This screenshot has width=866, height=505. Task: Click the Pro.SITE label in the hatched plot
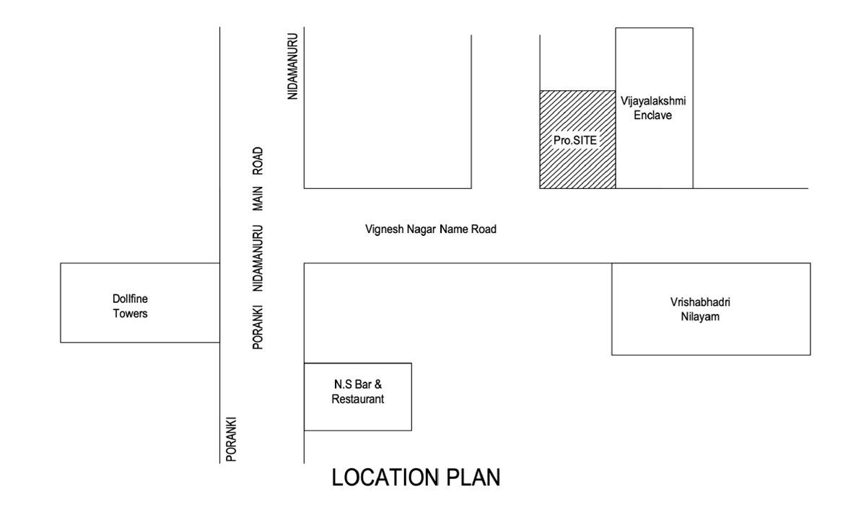(575, 140)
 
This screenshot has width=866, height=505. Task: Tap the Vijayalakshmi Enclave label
(653, 107)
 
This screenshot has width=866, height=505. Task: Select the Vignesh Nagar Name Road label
(431, 229)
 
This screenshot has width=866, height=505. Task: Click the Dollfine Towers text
(131, 306)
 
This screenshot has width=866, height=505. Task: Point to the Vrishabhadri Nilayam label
(700, 309)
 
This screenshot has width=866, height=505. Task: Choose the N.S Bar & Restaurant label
(358, 392)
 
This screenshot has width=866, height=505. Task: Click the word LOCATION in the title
(385, 477)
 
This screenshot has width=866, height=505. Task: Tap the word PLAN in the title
(473, 477)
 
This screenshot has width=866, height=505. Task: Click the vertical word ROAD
(258, 161)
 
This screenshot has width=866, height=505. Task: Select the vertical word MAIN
(258, 198)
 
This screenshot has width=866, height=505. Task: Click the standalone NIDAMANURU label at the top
(293, 66)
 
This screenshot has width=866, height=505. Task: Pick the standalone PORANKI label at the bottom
(231, 439)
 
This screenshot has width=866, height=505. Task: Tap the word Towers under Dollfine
(131, 313)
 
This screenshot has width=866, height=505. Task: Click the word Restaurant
(358, 399)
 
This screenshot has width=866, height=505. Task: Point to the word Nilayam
(700, 317)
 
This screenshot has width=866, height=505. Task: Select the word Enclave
(653, 115)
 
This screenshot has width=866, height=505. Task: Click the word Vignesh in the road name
(385, 229)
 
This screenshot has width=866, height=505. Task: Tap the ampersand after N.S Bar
(378, 385)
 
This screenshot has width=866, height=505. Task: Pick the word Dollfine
(131, 299)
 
